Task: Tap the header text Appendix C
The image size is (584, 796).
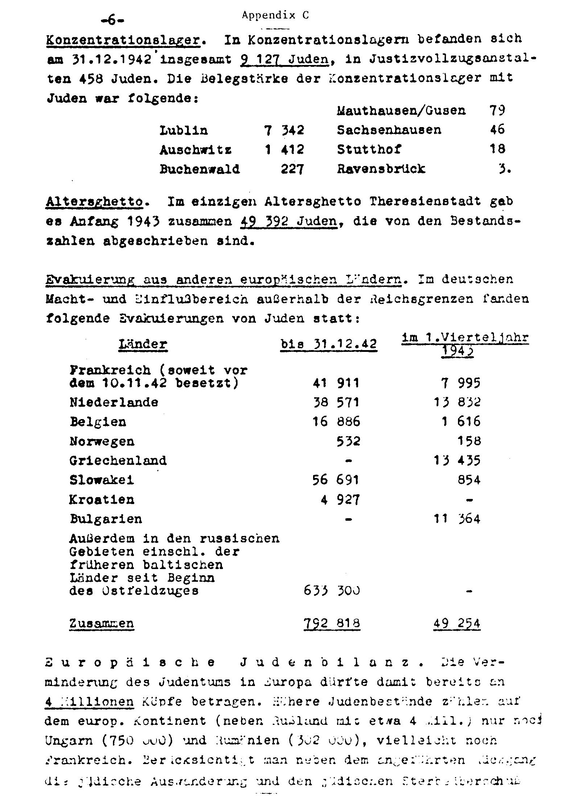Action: pyautogui.click(x=275, y=15)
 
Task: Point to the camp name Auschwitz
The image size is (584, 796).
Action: pyautogui.click(x=195, y=150)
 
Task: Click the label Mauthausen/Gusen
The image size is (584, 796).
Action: pyautogui.click(x=401, y=110)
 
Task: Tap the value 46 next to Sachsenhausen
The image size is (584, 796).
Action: pyautogui.click(x=497, y=130)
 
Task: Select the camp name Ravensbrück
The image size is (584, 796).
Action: pyautogui.click(x=381, y=169)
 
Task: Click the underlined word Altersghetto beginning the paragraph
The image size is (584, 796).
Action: pyautogui.click(x=94, y=202)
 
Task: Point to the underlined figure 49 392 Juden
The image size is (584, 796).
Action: pyautogui.click(x=289, y=222)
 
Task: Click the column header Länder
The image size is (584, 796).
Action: pyautogui.click(x=143, y=344)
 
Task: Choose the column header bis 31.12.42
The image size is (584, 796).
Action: pyautogui.click(x=329, y=344)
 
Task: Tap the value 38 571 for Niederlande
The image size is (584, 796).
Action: pyautogui.click(x=336, y=402)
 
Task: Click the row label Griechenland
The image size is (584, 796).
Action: pyautogui.click(x=118, y=461)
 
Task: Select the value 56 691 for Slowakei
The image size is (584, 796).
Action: pyautogui.click(x=336, y=480)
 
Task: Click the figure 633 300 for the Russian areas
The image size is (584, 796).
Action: pyautogui.click(x=332, y=591)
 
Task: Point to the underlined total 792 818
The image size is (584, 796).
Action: pyautogui.click(x=332, y=624)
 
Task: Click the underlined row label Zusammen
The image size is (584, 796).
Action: pyautogui.click(x=102, y=624)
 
